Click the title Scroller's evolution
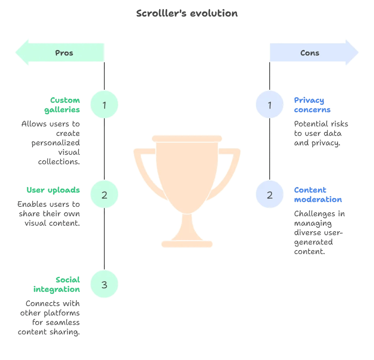[x=187, y=13]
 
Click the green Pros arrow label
[x=64, y=53]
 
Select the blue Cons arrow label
[x=310, y=53]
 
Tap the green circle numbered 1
[x=104, y=105]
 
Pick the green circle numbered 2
[x=104, y=195]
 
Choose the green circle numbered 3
[x=104, y=284]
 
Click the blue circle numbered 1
[x=270, y=105]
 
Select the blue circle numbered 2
[x=270, y=195]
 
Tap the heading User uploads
[x=53, y=190]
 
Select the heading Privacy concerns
[x=312, y=105]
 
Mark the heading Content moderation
[x=318, y=195]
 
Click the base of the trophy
[x=187, y=244]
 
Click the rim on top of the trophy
[x=187, y=138]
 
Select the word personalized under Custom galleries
[x=56, y=143]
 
